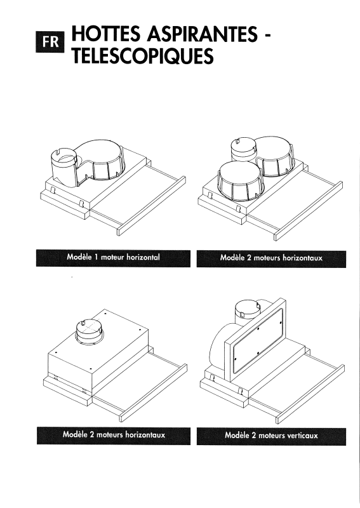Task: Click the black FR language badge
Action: tap(50, 42)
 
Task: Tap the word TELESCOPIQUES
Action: tap(143, 55)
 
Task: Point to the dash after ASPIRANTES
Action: tap(267, 36)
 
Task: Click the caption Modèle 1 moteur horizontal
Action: tap(114, 257)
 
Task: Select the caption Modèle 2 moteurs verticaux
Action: tap(272, 435)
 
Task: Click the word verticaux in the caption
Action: tap(302, 436)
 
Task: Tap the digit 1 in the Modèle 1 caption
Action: tap(97, 257)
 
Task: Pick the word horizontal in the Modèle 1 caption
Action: tap(143, 257)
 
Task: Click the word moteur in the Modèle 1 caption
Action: tap(112, 258)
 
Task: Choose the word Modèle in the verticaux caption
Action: tap(237, 435)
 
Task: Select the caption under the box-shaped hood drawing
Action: tap(114, 434)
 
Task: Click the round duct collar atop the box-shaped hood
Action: tap(90, 330)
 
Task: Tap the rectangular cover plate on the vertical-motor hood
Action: tap(258, 340)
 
